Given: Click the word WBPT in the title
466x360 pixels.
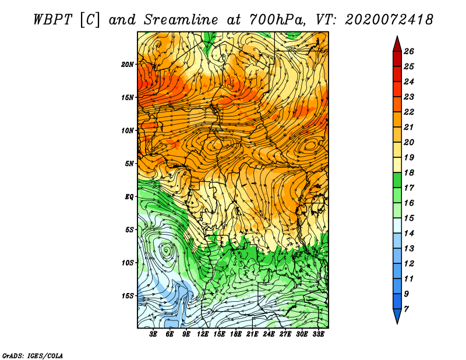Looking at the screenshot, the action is click(x=52, y=20).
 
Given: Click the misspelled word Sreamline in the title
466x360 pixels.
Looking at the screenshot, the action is click(x=181, y=20).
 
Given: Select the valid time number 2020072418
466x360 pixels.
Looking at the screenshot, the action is click(x=389, y=20).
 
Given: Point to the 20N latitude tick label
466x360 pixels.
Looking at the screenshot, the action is click(x=128, y=65).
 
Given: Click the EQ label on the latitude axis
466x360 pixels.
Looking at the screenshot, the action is click(x=129, y=197).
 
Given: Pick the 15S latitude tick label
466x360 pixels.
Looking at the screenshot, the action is click(x=128, y=296).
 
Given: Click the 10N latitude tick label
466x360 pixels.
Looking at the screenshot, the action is click(x=128, y=130).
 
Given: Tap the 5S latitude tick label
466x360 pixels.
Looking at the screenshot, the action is click(x=129, y=230).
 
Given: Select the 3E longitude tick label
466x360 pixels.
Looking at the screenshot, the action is click(x=153, y=334).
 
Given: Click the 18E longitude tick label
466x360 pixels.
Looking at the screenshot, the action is click(x=236, y=334).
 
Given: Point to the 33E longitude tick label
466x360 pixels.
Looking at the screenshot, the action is click(x=318, y=334).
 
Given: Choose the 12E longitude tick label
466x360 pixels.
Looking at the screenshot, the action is click(x=203, y=334).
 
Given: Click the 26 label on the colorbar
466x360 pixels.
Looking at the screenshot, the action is click(x=409, y=51).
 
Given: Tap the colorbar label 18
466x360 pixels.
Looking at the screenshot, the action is click(x=409, y=172).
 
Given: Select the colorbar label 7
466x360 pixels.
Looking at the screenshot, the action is click(x=406, y=309).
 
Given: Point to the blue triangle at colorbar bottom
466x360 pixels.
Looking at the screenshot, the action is click(x=397, y=315).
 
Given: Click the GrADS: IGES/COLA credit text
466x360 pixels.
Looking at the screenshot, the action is click(x=33, y=355).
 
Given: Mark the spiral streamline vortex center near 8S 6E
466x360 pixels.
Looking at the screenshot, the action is click(x=166, y=250).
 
